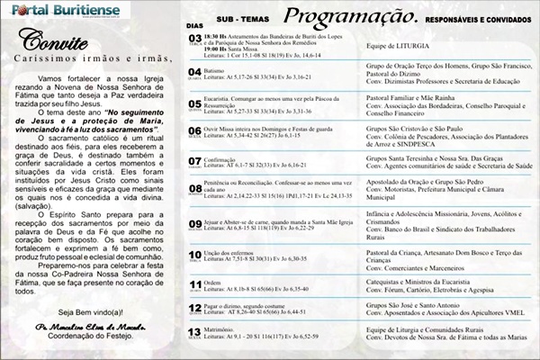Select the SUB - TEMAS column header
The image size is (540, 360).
coord(238,17)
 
